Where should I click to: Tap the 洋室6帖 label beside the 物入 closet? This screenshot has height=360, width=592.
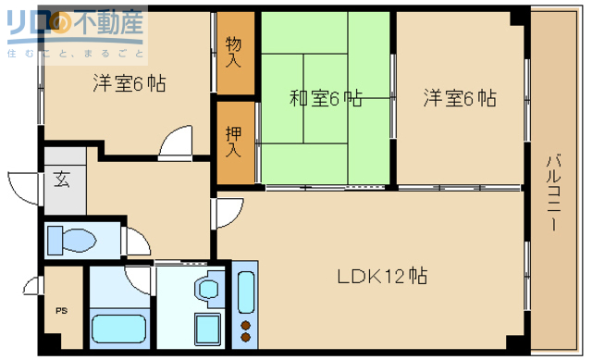click(x=129, y=83)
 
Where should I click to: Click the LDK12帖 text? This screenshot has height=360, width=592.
click(x=381, y=276)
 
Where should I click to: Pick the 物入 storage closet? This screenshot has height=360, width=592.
click(x=235, y=52)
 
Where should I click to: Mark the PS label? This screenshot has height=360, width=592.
click(x=62, y=310)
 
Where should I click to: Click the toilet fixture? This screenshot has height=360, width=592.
click(x=72, y=241)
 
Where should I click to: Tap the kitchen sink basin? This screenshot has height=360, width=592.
click(x=245, y=292)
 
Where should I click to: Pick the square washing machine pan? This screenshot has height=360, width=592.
click(x=204, y=329)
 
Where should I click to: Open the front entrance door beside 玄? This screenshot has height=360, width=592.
click(x=26, y=181)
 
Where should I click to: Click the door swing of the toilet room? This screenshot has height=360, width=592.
click(x=136, y=241)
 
